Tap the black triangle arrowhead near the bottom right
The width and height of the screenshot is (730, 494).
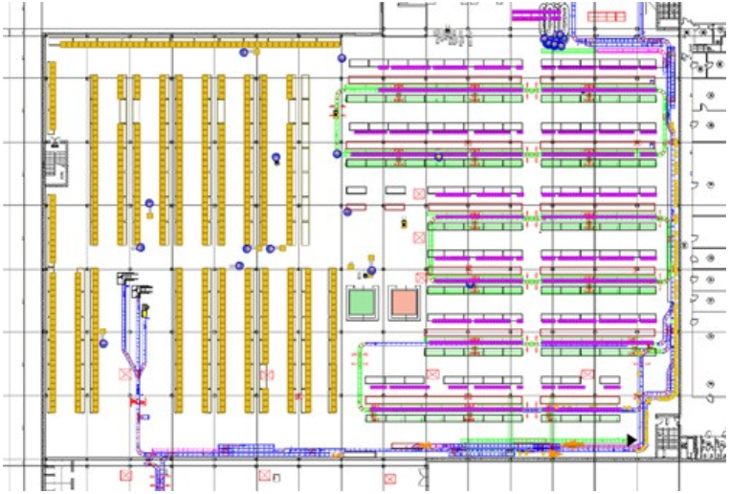[x=631, y=438]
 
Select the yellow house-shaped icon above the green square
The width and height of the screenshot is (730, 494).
[x=351, y=264]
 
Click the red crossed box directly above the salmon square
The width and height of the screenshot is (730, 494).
[x=419, y=277]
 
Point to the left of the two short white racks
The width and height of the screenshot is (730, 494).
[x=357, y=190]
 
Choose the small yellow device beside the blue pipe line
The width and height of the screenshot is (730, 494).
[x=145, y=310]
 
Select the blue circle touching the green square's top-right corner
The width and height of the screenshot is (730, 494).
[x=371, y=271]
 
